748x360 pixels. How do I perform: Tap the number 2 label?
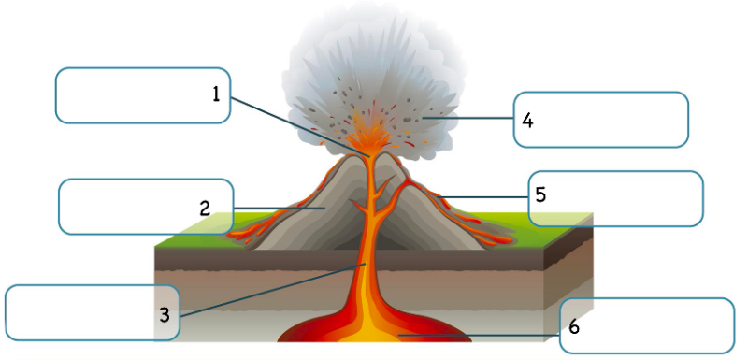tap(205, 209)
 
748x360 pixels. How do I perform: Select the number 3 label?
tap(165, 315)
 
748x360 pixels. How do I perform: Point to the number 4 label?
tap(527, 120)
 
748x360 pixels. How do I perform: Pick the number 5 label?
tap(541, 194)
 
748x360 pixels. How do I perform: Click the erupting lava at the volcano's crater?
tap(373, 140)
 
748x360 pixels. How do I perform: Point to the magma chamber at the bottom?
tap(374, 332)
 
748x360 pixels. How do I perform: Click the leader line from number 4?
tap(472, 119)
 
